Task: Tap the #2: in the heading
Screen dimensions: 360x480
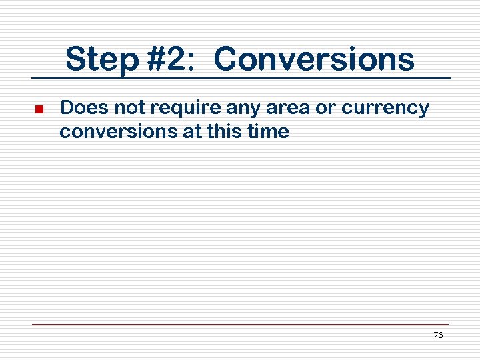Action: [169, 59]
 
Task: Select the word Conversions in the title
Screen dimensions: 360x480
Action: [314, 59]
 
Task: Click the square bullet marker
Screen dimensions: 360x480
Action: [39, 109]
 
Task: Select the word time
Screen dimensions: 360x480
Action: [271, 132]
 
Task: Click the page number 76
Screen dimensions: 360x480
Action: [438, 335]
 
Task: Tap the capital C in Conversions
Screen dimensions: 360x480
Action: [227, 59]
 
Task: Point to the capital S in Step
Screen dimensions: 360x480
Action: [75, 59]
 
